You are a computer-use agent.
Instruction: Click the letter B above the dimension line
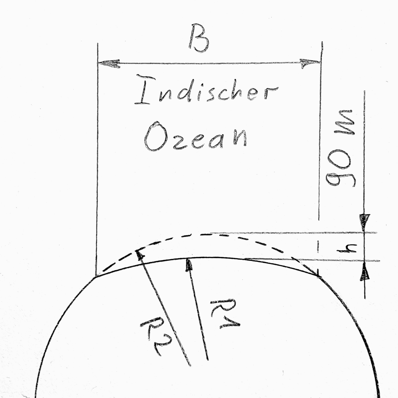pyautogui.click(x=199, y=38)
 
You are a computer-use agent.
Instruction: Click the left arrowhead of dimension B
pyautogui.click(x=109, y=63)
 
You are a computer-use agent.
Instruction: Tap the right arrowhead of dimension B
pyautogui.click(x=310, y=63)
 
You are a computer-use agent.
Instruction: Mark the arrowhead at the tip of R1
pyautogui.click(x=188, y=265)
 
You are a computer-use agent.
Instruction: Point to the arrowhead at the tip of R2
pyautogui.click(x=140, y=254)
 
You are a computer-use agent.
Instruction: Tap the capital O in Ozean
pyautogui.click(x=155, y=136)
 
